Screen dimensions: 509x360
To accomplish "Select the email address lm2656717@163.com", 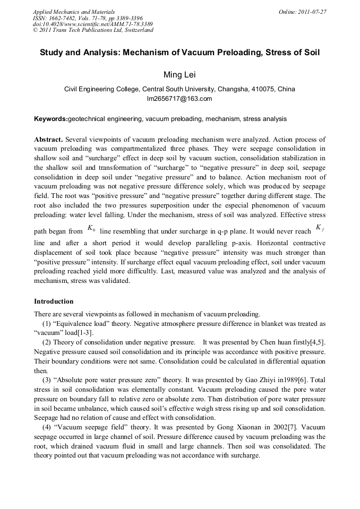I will pos(179,99).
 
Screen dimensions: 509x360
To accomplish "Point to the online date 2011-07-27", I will pos(312,12).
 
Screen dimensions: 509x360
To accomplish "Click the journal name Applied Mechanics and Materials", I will pos(74,12).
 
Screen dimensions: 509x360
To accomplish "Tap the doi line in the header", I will pos(93,24).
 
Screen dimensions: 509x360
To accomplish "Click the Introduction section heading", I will pos(54,301).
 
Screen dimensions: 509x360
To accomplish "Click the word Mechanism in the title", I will pos(148,53).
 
